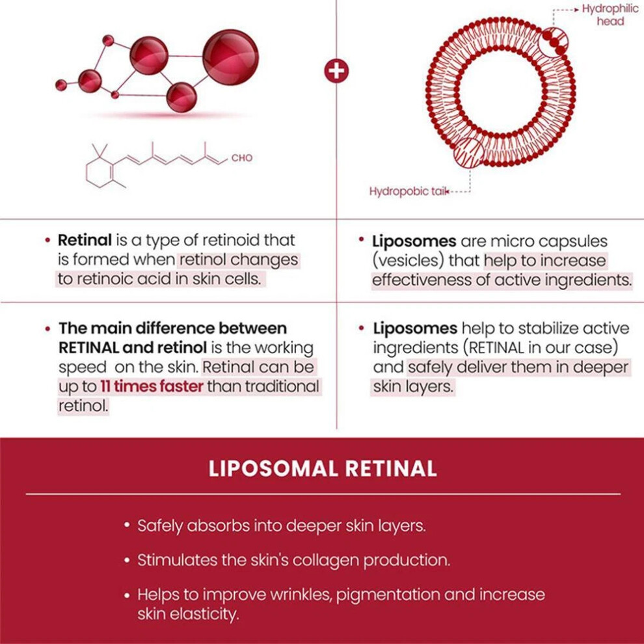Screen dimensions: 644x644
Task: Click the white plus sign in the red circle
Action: click(336, 71)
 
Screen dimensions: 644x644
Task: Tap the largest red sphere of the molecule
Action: click(230, 57)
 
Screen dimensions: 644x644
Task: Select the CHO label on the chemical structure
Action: click(242, 157)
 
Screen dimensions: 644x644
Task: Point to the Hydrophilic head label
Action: click(610, 15)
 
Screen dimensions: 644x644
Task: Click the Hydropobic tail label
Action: click(408, 191)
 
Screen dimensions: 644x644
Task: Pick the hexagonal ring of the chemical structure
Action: click(99, 172)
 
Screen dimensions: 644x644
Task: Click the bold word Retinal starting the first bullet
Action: click(85, 240)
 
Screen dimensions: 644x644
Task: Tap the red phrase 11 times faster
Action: click(152, 386)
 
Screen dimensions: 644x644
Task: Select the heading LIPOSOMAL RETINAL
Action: click(323, 468)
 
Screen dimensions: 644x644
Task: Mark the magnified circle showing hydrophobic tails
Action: click(468, 154)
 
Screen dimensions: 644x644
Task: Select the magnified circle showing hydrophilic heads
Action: click(553, 42)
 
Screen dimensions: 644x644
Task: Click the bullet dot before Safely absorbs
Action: click(127, 525)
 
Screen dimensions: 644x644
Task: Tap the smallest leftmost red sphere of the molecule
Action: click(60, 85)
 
